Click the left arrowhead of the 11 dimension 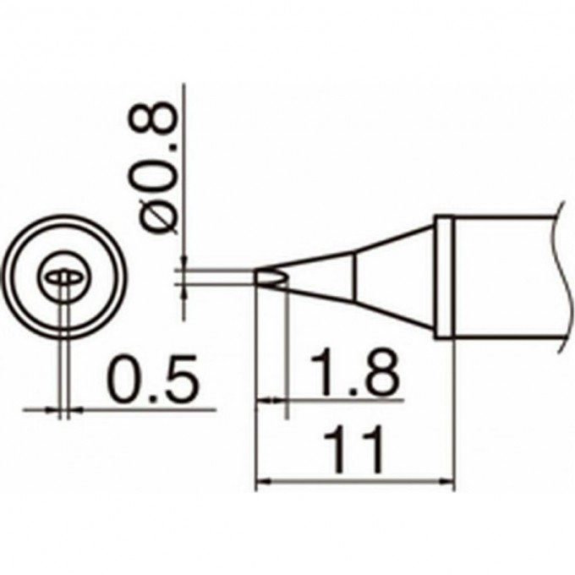pos(262,483)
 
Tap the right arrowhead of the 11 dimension pos(448,483)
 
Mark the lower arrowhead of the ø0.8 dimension pos(183,289)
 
